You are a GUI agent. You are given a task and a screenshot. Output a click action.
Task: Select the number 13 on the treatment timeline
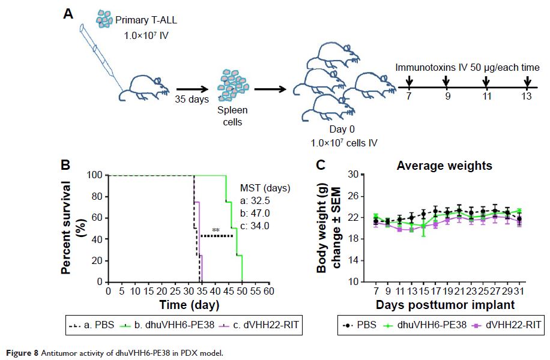pos(527,96)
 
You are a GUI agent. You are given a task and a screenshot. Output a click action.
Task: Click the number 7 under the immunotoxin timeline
pos(408,96)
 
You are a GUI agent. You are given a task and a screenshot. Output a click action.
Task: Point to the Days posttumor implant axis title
pos(445,305)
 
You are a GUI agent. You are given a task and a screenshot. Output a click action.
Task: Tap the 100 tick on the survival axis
pos(95,176)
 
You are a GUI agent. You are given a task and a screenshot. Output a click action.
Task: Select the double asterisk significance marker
pos(215,230)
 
